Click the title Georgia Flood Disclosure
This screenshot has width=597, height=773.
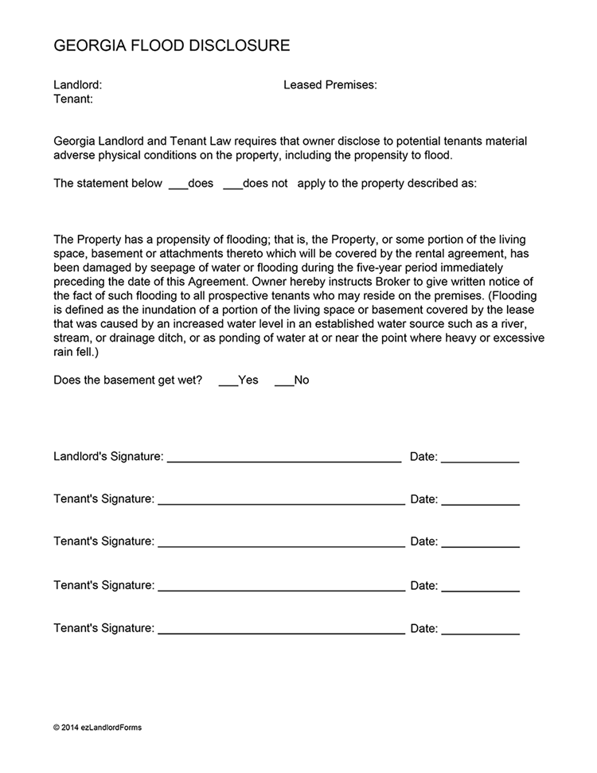[171, 46]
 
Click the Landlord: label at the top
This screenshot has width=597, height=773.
[77, 84]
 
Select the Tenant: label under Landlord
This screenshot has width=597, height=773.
[73, 100]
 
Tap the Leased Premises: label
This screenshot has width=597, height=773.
[330, 84]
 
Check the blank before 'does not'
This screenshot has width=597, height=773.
[232, 184]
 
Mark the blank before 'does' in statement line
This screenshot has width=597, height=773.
[178, 184]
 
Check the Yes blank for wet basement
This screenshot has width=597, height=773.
[228, 381]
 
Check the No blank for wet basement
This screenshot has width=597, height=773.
[283, 381]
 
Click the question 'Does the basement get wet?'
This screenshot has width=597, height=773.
[127, 381]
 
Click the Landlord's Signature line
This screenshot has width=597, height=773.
[283, 459]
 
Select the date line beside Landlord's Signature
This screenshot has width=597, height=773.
[479, 459]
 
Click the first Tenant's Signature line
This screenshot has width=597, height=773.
[281, 501]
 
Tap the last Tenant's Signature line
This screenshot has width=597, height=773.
[281, 630]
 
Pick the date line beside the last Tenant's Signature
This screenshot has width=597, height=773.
[480, 630]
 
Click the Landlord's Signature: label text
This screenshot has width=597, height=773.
[108, 457]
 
